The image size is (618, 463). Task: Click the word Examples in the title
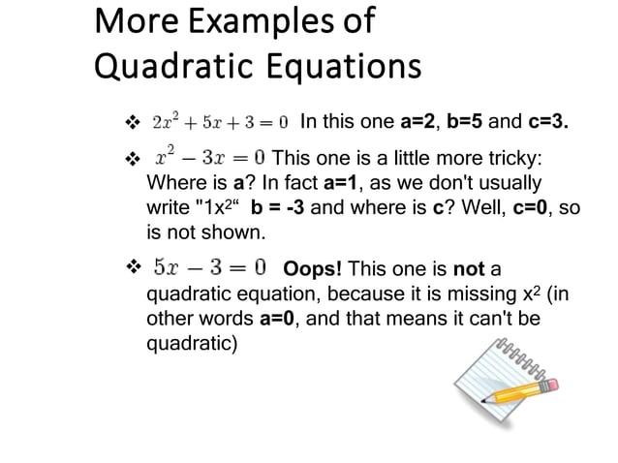[255, 21]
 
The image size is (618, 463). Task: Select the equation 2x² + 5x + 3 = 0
[221, 123]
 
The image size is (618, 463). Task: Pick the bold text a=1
[342, 183]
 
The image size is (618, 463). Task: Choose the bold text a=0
[280, 319]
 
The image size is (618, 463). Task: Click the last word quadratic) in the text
[191, 344]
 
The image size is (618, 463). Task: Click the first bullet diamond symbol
[134, 124]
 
